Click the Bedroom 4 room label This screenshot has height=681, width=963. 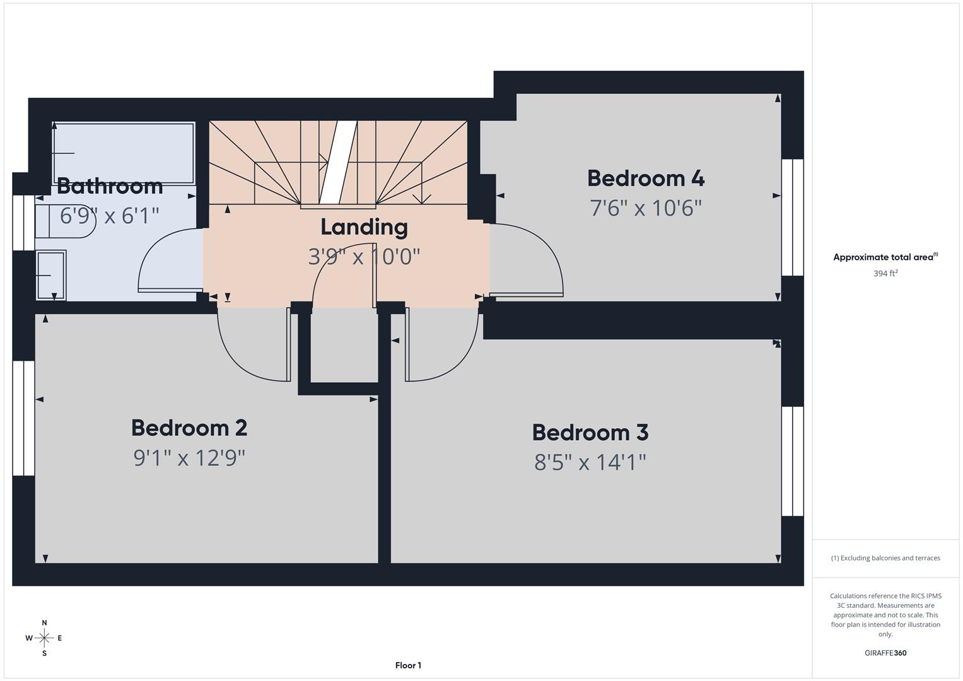645,178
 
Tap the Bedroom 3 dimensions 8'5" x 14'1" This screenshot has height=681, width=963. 590,462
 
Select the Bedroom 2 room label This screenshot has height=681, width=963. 189,428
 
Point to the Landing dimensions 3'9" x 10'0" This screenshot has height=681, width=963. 364,257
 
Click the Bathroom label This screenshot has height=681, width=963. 110,186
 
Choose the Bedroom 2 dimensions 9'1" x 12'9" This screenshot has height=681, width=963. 189,458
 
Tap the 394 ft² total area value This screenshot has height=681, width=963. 885,274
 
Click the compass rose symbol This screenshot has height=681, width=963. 44,638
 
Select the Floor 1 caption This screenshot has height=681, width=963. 408,665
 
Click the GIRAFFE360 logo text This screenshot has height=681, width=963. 885,653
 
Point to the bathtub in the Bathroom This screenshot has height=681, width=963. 124,153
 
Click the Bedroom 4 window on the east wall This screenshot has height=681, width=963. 792,218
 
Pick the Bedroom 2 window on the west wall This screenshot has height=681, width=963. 24,418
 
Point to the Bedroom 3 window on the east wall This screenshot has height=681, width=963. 792,461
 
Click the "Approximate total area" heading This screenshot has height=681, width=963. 885,257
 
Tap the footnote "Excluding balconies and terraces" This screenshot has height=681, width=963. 885,558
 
